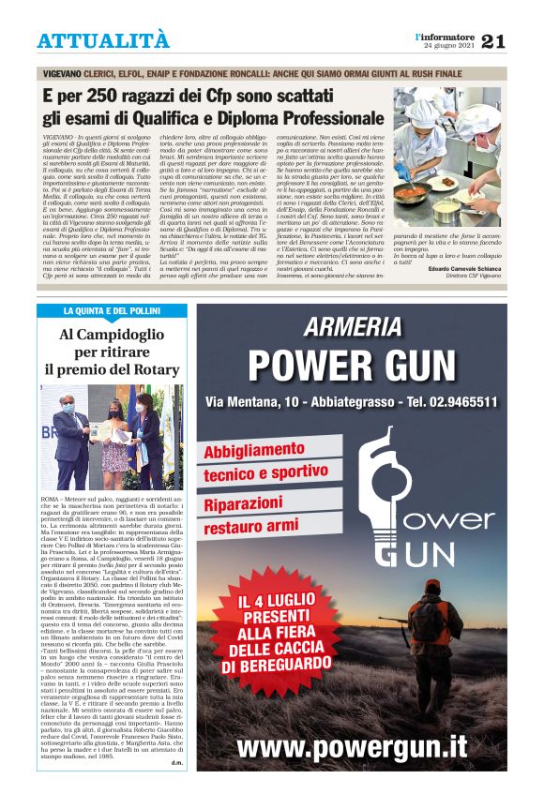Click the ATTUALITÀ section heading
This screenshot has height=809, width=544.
103,41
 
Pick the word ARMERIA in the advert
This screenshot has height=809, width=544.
353,327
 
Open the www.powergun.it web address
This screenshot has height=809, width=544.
352,747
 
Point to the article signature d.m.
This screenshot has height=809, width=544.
176,788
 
